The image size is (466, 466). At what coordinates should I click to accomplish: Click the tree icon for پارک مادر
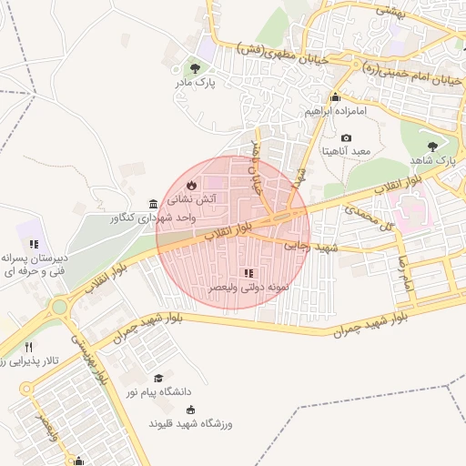pos(193,67)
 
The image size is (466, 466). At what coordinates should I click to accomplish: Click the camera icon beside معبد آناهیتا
pos(346,137)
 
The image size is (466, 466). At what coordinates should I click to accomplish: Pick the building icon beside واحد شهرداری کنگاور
pos(152,204)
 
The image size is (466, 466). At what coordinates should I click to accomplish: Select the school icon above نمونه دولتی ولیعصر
pos(248,273)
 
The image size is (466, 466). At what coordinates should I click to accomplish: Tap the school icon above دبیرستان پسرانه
pos(34,244)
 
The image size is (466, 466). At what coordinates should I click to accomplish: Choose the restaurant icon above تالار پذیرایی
pos(29,347)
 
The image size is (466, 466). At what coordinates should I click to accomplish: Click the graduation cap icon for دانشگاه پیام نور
pos(158,378)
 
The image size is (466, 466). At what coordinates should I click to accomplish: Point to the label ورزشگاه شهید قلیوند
pos(191,424)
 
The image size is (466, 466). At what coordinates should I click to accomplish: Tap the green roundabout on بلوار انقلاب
pos(60,306)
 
